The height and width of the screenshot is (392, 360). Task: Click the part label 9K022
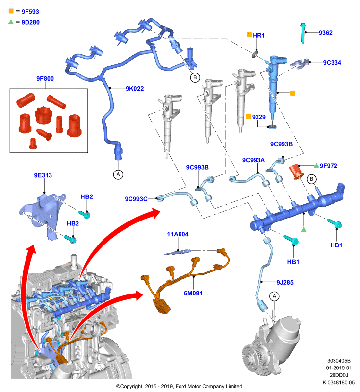pyautogui.click(x=134, y=89)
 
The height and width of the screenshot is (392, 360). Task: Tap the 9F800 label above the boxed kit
pyautogui.click(x=45, y=79)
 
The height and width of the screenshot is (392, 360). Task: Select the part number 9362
pyautogui.click(x=326, y=33)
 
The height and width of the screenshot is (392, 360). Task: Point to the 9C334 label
pyautogui.click(x=332, y=63)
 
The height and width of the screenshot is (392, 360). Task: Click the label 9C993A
pyautogui.click(x=254, y=160)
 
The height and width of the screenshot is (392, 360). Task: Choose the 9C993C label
pyautogui.click(x=136, y=199)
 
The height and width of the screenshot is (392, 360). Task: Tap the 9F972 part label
pyautogui.click(x=329, y=166)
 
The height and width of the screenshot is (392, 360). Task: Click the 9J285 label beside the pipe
pyautogui.click(x=285, y=283)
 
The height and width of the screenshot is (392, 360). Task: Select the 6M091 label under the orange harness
pyautogui.click(x=193, y=293)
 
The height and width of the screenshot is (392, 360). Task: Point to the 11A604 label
pyautogui.click(x=178, y=234)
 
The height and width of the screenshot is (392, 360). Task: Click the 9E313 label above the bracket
pyautogui.click(x=43, y=175)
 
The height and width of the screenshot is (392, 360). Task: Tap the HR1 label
pyautogui.click(x=258, y=35)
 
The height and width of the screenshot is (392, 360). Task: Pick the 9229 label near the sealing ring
pyautogui.click(x=258, y=117)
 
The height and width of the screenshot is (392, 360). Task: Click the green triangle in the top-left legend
pyautogui.click(x=11, y=22)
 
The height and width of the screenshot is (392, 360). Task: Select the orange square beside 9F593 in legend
pyautogui.click(x=11, y=11)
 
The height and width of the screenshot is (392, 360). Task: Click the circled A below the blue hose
pyautogui.click(x=118, y=174)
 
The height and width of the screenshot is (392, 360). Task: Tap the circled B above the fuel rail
pyautogui.click(x=311, y=179)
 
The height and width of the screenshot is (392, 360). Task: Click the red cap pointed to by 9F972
pyautogui.click(x=296, y=172)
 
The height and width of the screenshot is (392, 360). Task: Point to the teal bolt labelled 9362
pyautogui.click(x=303, y=32)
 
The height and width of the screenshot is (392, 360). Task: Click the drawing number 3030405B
pyautogui.click(x=339, y=361)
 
